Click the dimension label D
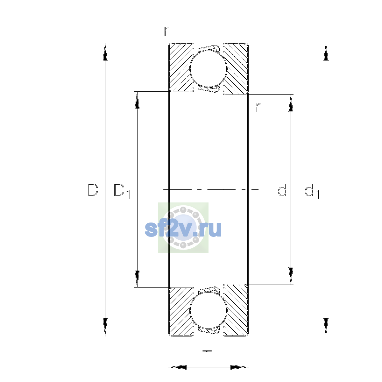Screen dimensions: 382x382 coord(93,190)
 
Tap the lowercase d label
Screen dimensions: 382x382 coord(282,190)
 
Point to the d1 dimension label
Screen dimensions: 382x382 coord(312,191)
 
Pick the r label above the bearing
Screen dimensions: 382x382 coord(166,31)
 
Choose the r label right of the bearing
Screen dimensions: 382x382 coord(258,108)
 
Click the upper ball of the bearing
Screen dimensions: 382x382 coord(208,68)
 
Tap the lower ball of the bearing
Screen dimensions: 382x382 coord(208,311)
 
